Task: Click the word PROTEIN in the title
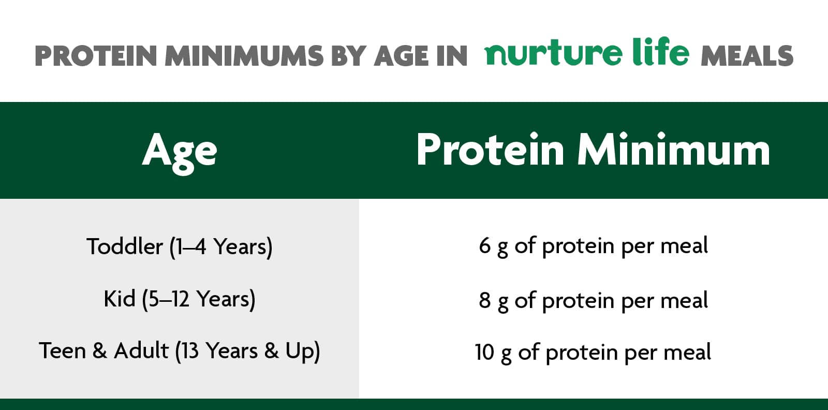96,56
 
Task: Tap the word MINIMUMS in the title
244,56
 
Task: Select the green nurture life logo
587,52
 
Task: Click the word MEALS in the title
747,56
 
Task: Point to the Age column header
180,153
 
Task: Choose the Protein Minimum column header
593,150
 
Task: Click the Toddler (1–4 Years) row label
180,247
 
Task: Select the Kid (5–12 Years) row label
180,299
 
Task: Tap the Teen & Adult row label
180,351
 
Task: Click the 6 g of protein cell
593,246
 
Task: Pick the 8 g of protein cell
593,301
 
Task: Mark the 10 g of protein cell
593,353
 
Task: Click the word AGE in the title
402,56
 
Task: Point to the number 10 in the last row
484,352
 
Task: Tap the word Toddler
125,246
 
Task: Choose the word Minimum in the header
674,150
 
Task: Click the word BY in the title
349,56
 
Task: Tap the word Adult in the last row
141,350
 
